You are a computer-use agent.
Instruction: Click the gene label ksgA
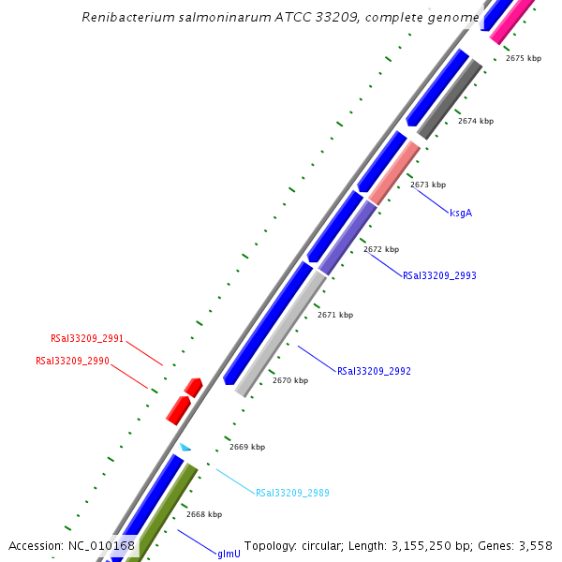[461, 214]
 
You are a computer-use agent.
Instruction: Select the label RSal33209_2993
[439, 276]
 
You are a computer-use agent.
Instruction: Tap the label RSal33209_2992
[374, 372]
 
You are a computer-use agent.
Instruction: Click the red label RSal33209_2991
[87, 339]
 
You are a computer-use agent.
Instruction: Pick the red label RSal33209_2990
[72, 361]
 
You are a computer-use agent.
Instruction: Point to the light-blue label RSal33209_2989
[292, 493]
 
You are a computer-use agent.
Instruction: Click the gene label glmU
[229, 555]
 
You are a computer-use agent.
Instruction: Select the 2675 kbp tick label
[524, 58]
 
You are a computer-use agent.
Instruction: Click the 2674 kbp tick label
[476, 121]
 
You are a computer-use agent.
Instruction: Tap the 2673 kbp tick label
[428, 185]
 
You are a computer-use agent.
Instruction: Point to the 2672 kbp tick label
[381, 249]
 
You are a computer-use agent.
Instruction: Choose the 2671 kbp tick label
[335, 315]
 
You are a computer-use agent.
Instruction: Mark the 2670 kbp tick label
[290, 380]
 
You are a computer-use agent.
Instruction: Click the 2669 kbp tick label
[247, 447]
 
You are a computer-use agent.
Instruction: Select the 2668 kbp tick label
[204, 514]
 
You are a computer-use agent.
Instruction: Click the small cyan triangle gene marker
[185, 448]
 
